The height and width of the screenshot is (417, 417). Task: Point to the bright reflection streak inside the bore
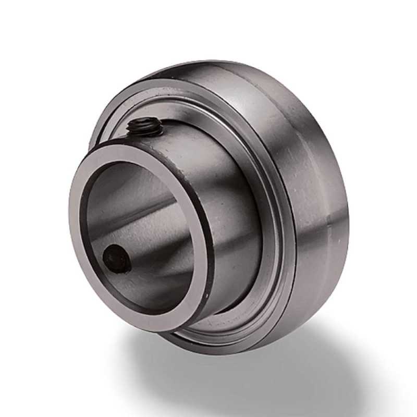141,208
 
